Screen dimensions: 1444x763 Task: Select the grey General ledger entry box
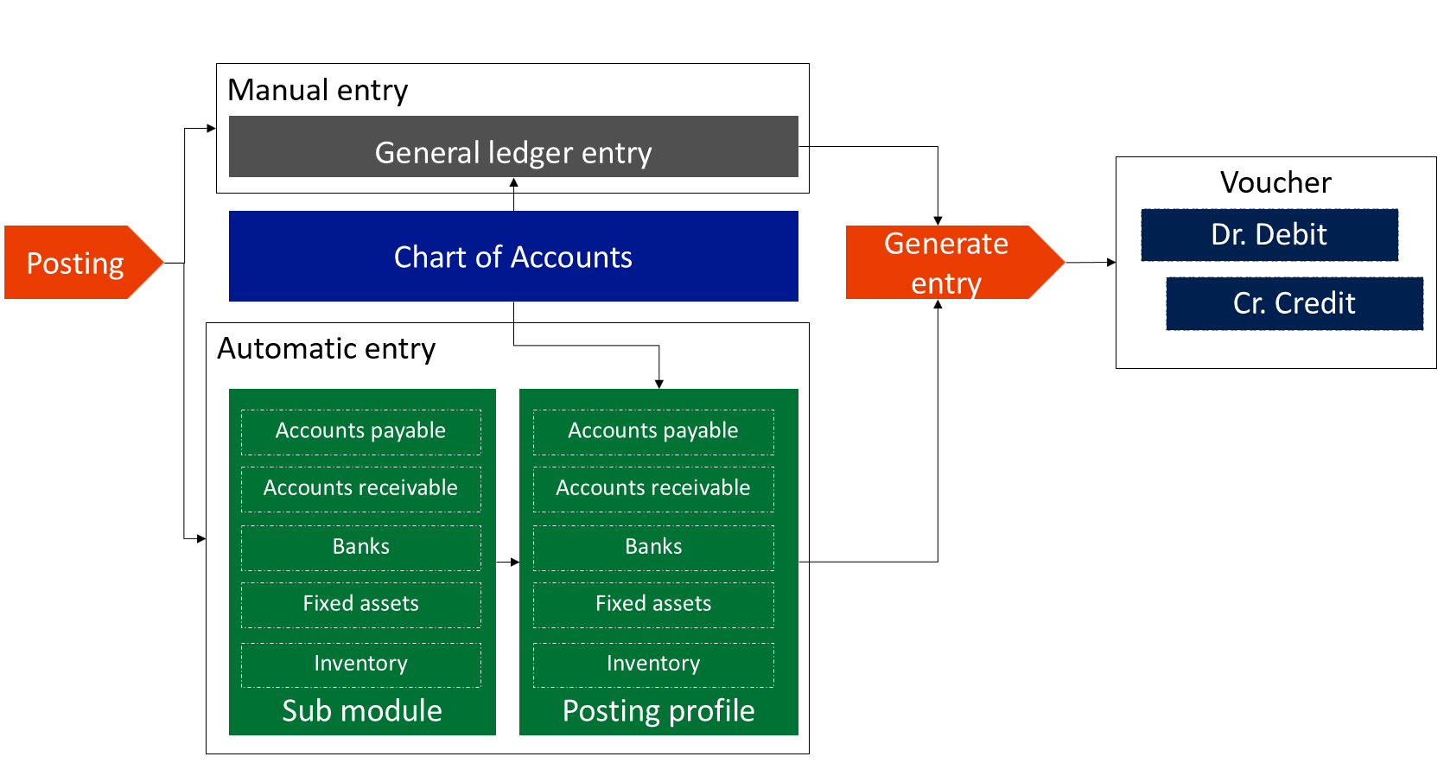(514, 146)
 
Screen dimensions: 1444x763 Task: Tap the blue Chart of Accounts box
(514, 256)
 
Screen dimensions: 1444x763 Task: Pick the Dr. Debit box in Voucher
(1269, 234)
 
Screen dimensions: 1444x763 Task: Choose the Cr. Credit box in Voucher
(1295, 303)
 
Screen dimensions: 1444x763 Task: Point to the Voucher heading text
(1275, 182)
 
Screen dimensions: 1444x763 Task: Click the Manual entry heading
(318, 90)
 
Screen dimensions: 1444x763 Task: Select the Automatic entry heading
(326, 348)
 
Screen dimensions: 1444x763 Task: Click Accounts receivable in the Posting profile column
(653, 488)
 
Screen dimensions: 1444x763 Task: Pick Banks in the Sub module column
(361, 547)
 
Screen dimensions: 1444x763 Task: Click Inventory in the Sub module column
(361, 664)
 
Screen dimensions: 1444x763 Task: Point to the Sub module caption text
(362, 711)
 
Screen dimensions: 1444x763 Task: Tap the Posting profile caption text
(658, 711)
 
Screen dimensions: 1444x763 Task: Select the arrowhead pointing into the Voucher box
(1110, 263)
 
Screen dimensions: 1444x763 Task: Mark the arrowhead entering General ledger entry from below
(514, 182)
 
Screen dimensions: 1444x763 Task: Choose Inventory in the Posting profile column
(653, 664)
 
